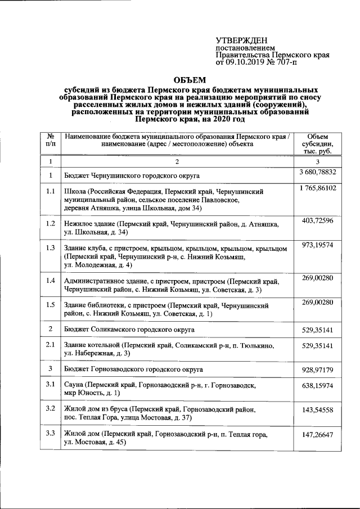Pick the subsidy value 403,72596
tap(318, 220)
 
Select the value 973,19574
tap(318, 246)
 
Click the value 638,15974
tap(318, 386)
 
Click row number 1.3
tap(51, 248)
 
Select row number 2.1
tap(51, 344)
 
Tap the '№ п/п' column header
tap(51, 140)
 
